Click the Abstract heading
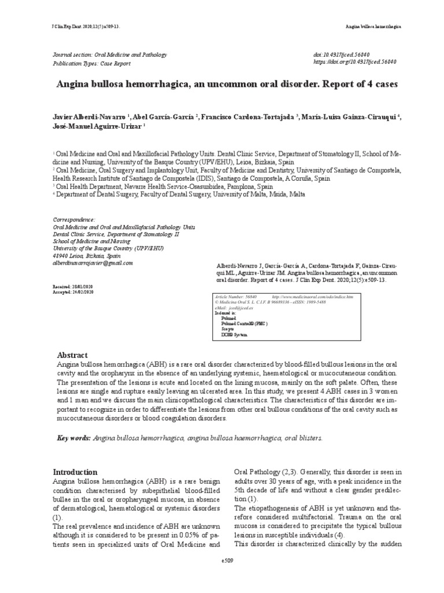coord(72,355)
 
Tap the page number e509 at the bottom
coord(222,561)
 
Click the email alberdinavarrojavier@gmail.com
coord(93,262)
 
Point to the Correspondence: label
coord(74,221)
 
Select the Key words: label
coord(73,438)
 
